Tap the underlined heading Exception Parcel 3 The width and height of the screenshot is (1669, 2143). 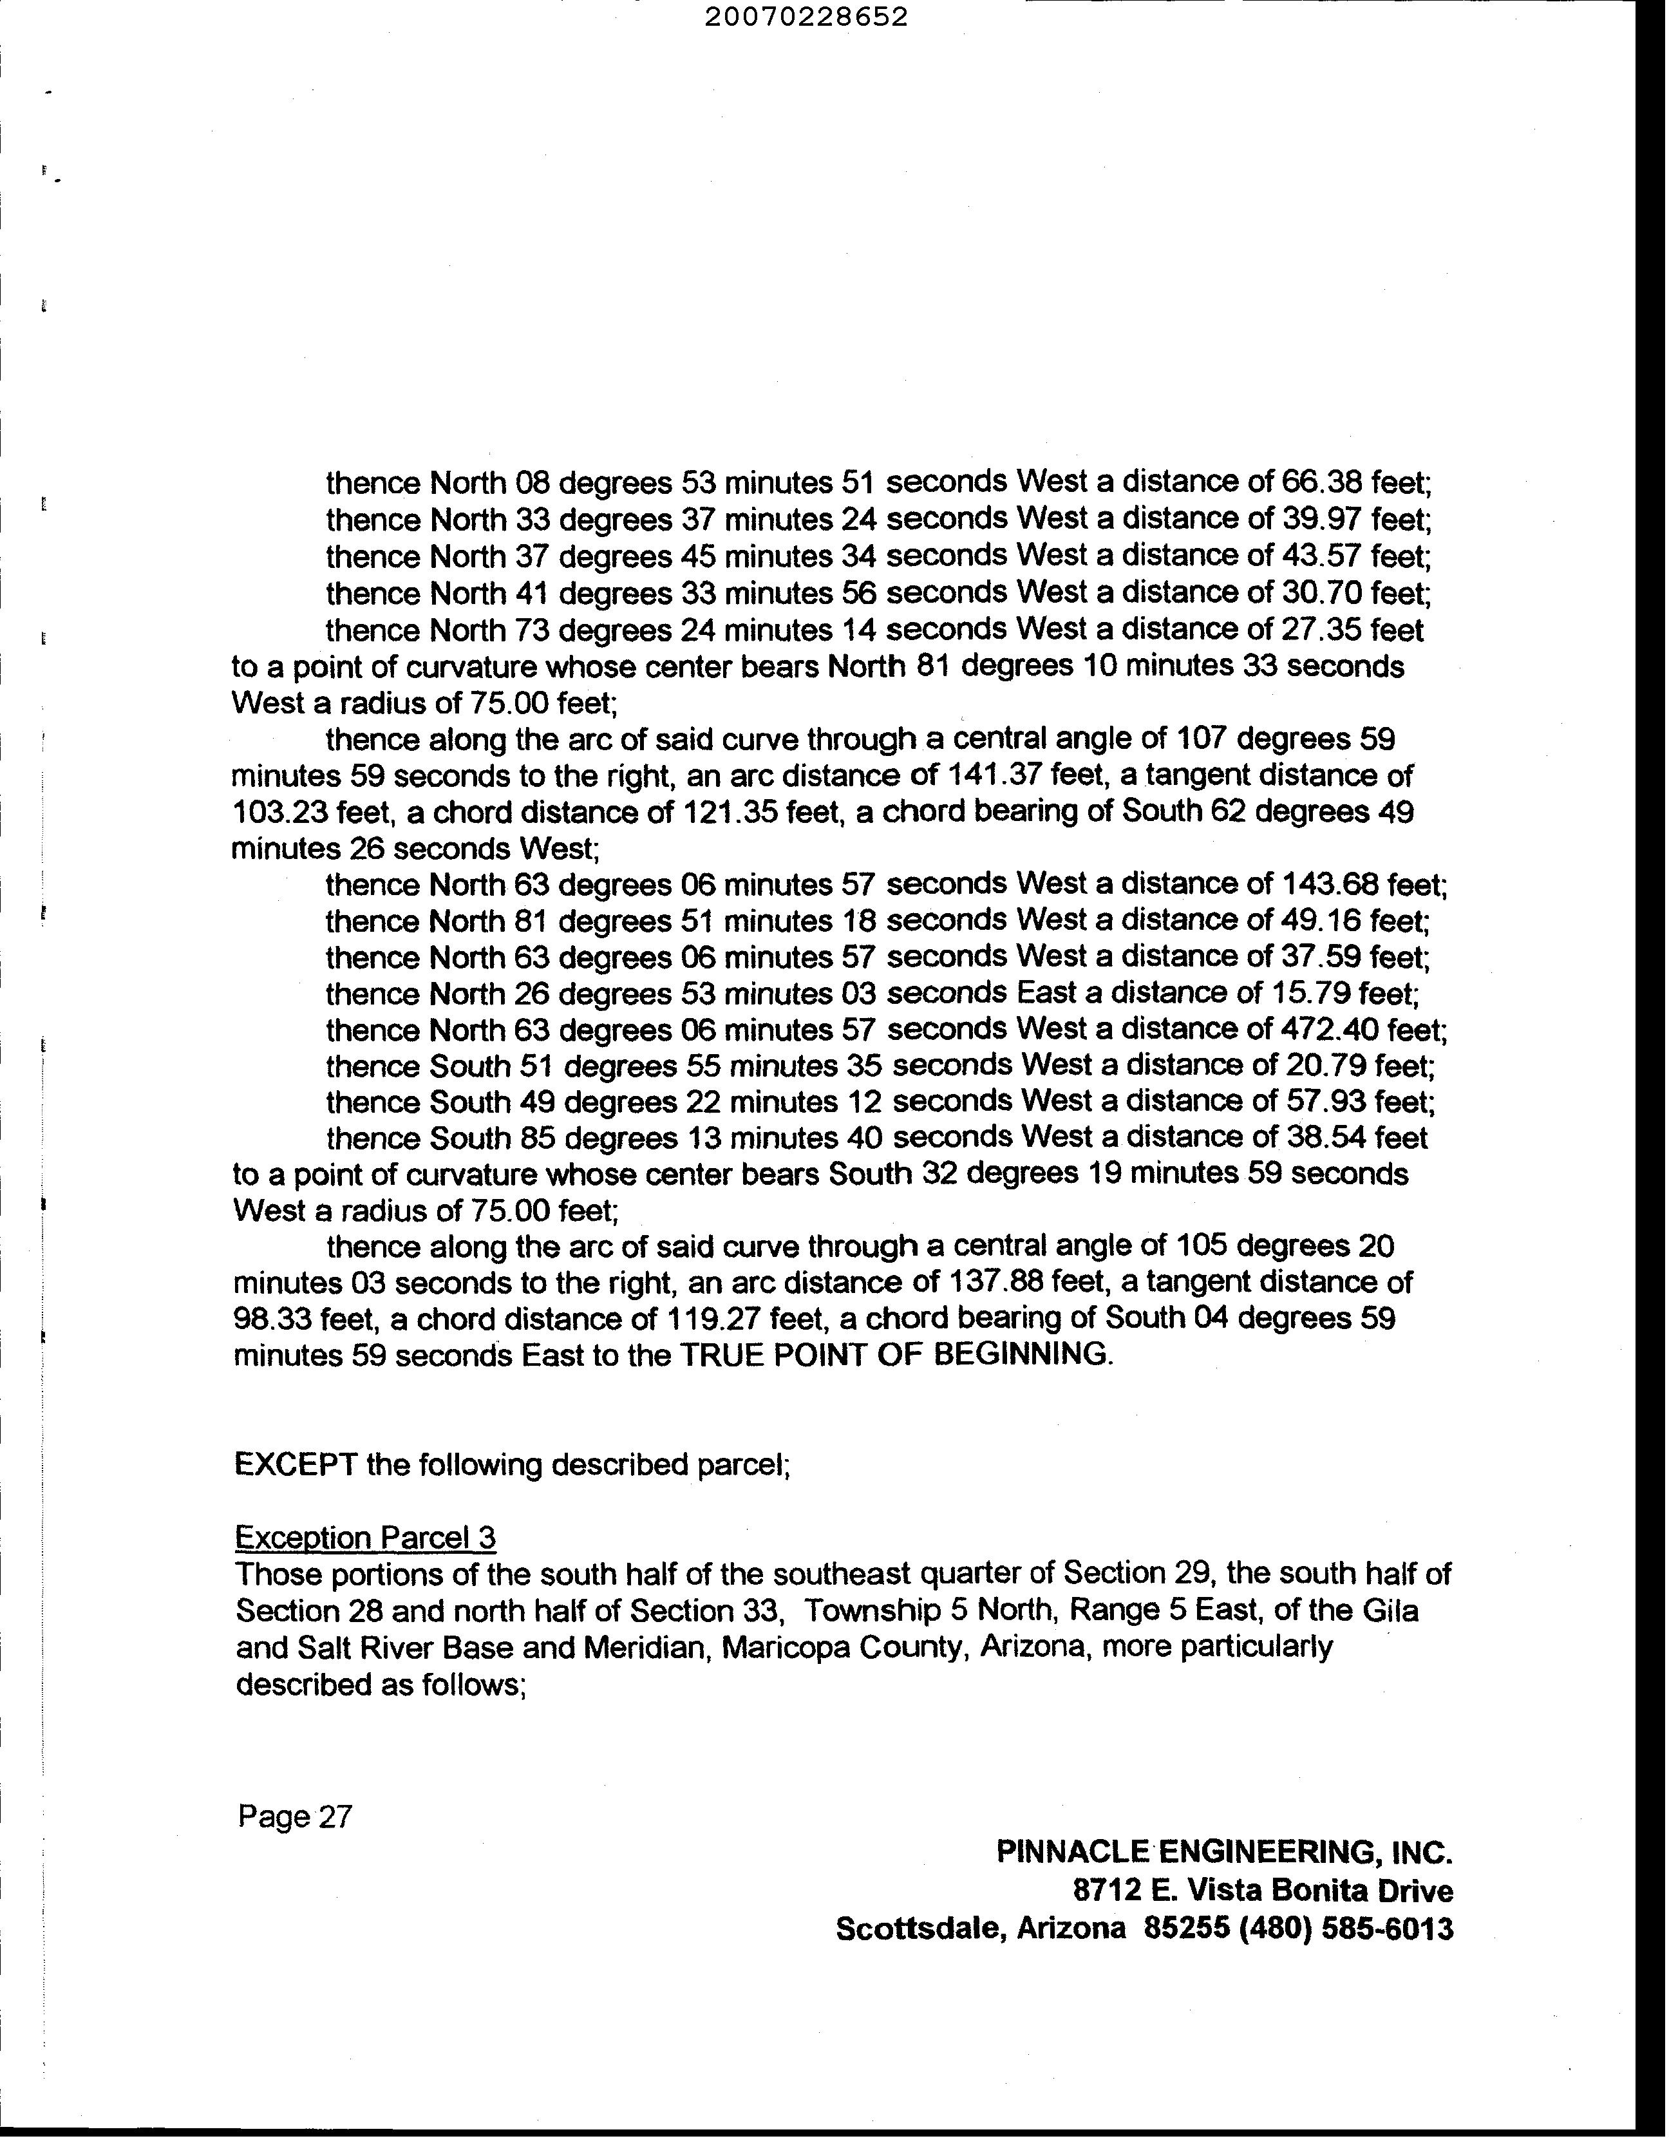pos(366,1538)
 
